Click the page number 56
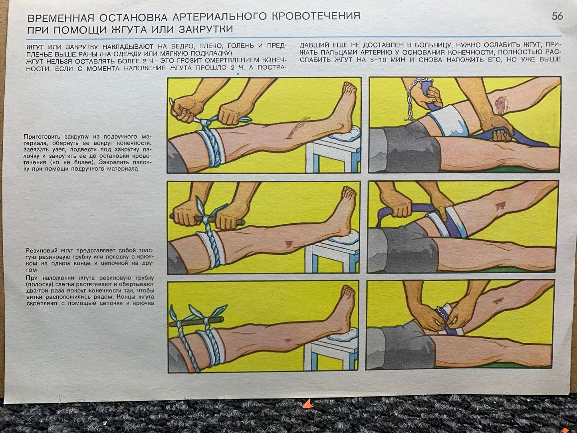tap(557, 16)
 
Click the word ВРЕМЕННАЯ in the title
tap(61, 18)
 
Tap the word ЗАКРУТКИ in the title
tap(206, 29)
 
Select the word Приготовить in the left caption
tap(39, 137)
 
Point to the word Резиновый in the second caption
tap(41, 250)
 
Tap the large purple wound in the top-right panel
tap(501, 104)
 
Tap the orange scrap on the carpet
tap(308, 403)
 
